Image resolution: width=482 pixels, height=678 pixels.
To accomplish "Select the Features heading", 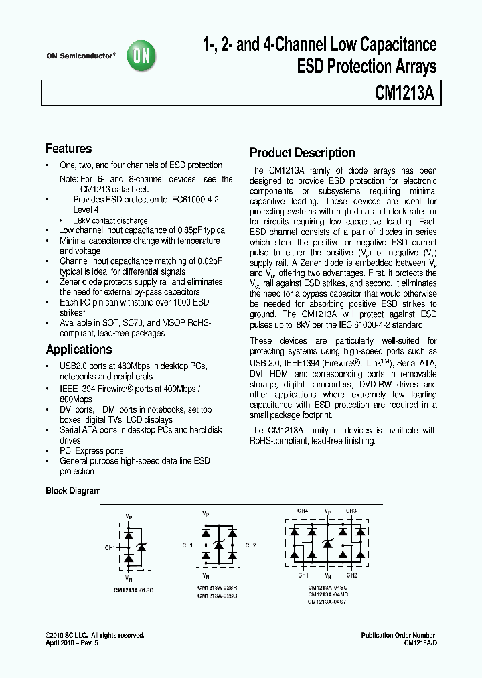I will click(x=68, y=149).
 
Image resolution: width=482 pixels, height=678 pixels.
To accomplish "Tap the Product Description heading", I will click(x=302, y=153).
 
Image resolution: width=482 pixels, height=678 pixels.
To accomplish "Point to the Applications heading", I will click(x=78, y=350).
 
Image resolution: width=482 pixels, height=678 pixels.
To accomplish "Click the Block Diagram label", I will click(x=73, y=491).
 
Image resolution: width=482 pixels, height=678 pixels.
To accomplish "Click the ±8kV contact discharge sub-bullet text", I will click(x=111, y=220).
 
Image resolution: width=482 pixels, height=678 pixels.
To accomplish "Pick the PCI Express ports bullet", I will click(x=92, y=451).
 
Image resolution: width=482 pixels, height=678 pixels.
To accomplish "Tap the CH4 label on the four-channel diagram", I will click(x=303, y=511).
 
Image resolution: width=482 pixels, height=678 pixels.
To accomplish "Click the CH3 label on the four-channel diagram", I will click(x=351, y=511).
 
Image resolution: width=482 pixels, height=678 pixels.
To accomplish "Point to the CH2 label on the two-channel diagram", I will click(x=250, y=545).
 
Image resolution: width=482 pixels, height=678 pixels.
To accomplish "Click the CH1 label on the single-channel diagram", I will click(x=110, y=548).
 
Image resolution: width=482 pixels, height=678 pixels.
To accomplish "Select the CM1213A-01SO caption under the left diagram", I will click(x=133, y=590).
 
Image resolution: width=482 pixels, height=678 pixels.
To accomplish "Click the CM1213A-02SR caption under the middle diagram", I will click(x=217, y=588).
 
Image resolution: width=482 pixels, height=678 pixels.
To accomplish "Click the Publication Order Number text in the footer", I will click(x=398, y=634).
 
